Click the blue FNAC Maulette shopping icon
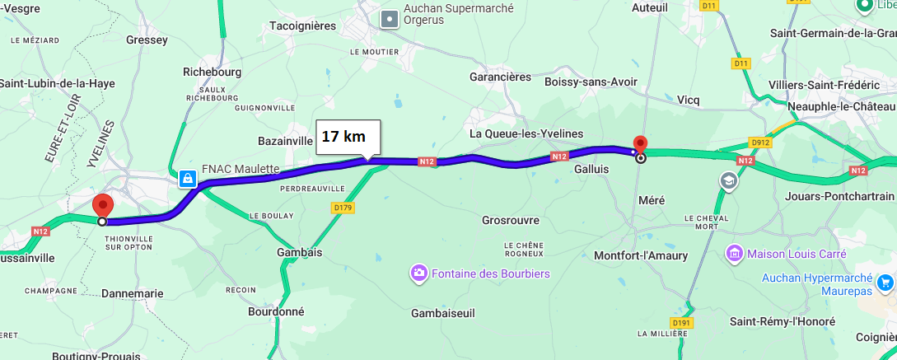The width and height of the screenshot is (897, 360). tap(189, 178)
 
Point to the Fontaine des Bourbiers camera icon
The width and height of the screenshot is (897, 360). tap(420, 273)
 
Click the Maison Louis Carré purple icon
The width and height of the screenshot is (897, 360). tap(733, 251)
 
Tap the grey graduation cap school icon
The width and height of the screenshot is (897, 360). tap(728, 180)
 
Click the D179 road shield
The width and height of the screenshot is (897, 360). tap(343, 208)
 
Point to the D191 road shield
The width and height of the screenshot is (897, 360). tap(680, 322)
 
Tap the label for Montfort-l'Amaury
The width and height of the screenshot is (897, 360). tap(641, 255)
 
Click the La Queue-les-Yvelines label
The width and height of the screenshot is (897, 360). tap(526, 133)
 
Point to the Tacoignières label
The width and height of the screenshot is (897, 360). tap(303, 26)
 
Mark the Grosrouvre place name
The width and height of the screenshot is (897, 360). tap(510, 220)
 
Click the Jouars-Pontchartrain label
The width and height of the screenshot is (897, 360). tap(839, 196)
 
